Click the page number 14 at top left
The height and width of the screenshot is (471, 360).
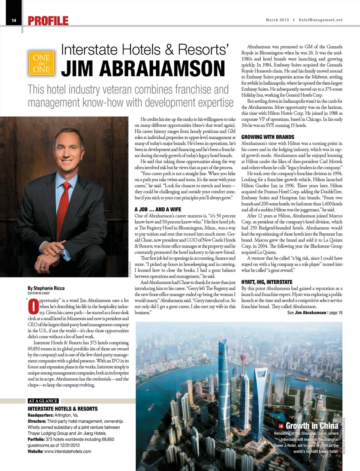14,20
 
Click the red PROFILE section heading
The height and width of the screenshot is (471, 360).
48,21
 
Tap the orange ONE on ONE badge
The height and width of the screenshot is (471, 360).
41,63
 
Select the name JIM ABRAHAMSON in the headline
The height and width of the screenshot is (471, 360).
143,69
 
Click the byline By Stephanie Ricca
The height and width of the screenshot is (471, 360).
46,288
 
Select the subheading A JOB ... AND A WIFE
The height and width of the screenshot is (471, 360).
157,209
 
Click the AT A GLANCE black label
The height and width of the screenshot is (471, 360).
43,401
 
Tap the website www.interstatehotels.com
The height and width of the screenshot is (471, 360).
67,451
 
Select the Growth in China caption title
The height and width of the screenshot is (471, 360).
312,426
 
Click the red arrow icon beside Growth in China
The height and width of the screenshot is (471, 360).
280,426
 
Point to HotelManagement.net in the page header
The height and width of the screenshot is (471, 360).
320,20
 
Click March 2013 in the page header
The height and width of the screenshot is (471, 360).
277,20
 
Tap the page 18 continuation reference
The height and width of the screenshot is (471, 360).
336,312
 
